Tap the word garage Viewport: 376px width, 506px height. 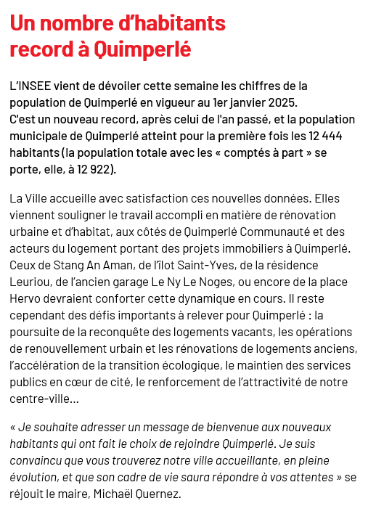(x=135, y=282)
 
